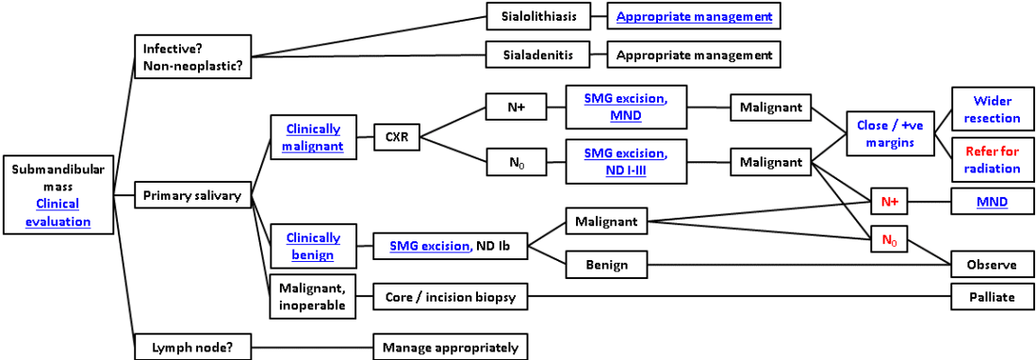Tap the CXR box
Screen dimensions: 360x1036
pyautogui.click(x=396, y=137)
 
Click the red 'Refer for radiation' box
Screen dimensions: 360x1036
pyautogui.click(x=993, y=159)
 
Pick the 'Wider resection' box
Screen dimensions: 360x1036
pyautogui.click(x=993, y=109)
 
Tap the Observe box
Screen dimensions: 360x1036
pyautogui.click(x=992, y=265)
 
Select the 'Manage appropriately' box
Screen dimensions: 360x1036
pyautogui.click(x=450, y=347)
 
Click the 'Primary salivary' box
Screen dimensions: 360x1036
pyautogui.click(x=192, y=196)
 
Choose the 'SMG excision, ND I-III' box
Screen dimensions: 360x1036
pyautogui.click(x=626, y=161)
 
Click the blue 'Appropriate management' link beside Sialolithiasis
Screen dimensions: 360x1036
pyautogui.click(x=695, y=17)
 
